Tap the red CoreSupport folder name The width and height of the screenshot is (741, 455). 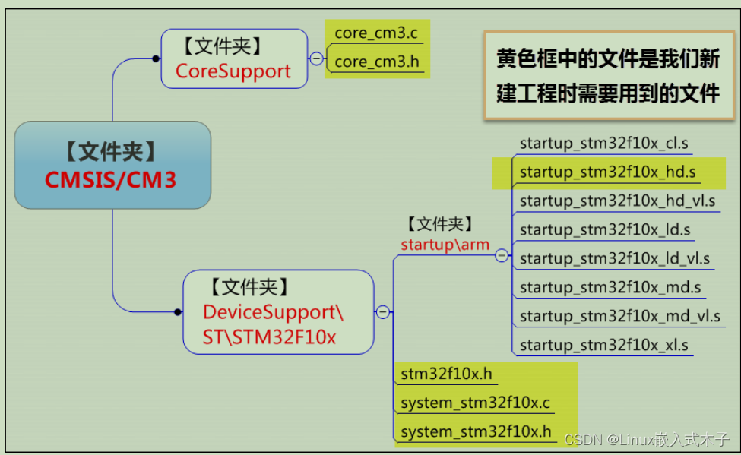click(233, 71)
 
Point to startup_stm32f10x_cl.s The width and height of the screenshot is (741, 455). click(604, 143)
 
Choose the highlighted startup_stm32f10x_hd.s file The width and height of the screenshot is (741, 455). click(607, 172)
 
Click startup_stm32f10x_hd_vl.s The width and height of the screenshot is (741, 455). click(617, 201)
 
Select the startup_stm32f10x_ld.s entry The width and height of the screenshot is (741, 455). click(605, 229)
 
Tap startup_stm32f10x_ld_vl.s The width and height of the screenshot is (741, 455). click(615, 258)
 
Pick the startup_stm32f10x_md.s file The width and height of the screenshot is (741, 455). click(610, 287)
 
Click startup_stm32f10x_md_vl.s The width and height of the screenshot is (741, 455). click(620, 316)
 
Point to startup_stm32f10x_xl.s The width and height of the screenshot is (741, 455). click(604, 345)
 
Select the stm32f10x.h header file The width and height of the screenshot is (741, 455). click(446, 374)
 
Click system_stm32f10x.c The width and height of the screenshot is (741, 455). click(475, 403)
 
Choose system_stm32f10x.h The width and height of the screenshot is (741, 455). click(476, 431)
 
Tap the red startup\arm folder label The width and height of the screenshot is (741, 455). click(445, 245)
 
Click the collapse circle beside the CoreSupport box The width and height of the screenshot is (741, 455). click(315, 58)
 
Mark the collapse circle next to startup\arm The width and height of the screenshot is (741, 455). click(502, 255)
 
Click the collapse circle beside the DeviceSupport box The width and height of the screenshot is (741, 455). click(383, 312)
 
